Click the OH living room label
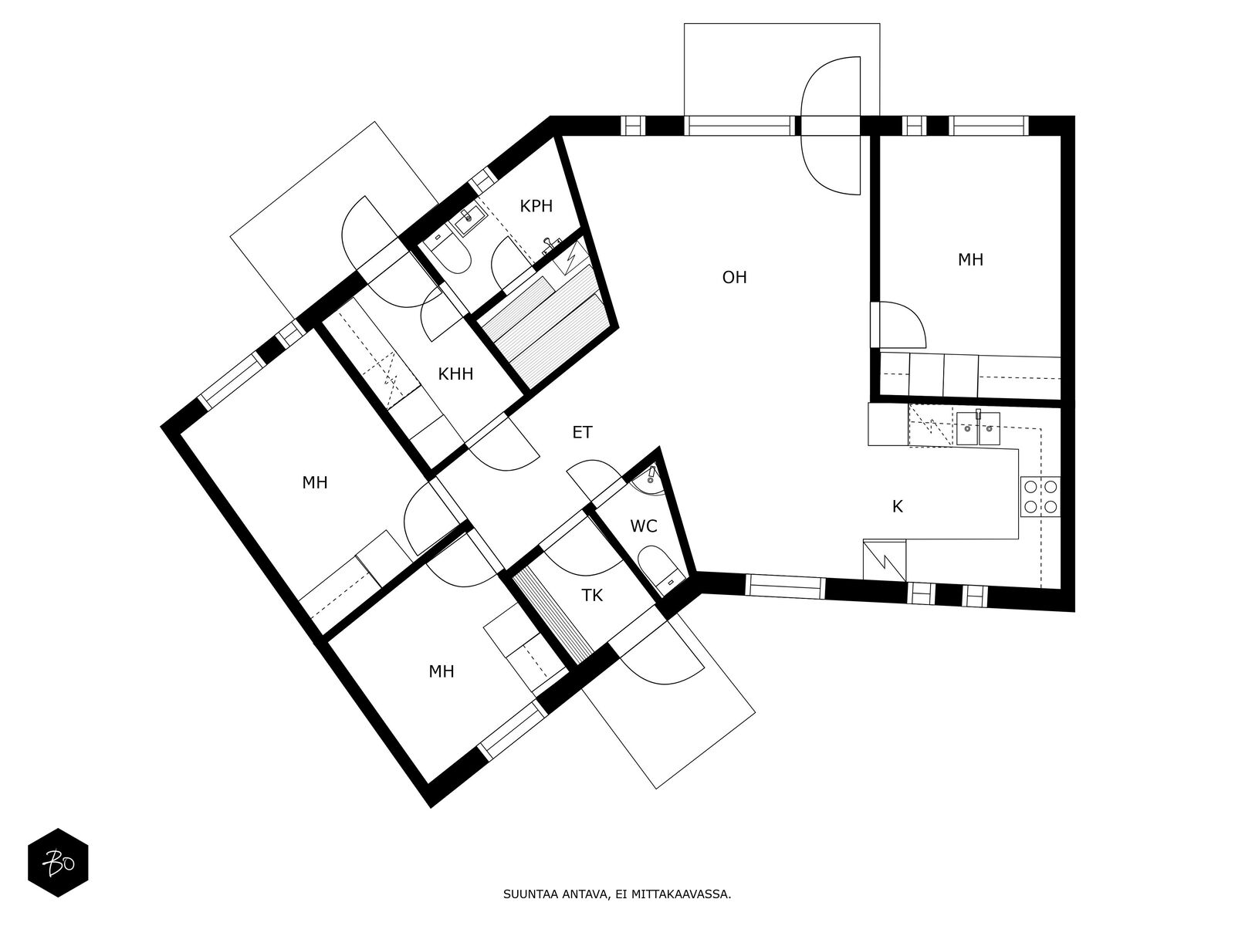734,277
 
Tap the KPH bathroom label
536,206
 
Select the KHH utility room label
455,374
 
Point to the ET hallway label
582,432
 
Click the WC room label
644,526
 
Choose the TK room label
592,596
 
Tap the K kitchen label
898,506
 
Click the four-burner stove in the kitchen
1040,497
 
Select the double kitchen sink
979,428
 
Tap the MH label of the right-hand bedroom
970,260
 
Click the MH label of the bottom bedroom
442,671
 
